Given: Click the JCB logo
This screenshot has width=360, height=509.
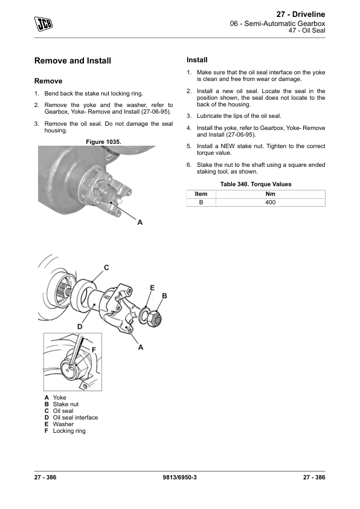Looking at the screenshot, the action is tap(43, 24).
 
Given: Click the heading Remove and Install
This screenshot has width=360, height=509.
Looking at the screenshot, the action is tap(72, 60).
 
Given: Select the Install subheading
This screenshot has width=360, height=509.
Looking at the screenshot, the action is tap(197, 60).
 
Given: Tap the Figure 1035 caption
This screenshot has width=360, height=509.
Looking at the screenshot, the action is tap(103, 142).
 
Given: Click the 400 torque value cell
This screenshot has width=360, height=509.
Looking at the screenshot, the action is tap(270, 203).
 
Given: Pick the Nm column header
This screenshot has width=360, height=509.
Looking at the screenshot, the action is tap(270, 194).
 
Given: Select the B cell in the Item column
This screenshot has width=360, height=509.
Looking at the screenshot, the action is tap(201, 203).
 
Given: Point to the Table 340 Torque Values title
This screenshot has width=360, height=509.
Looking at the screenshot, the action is tap(256, 184).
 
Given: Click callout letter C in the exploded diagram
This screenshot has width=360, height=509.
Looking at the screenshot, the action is tap(106, 267).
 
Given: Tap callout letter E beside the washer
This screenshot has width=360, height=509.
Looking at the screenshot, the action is tap(152, 288).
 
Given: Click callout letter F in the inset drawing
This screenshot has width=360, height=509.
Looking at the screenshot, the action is tap(94, 350).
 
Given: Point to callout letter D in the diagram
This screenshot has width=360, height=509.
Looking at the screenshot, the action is tap(80, 326).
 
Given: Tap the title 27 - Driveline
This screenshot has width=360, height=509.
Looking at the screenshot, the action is tap(301, 15).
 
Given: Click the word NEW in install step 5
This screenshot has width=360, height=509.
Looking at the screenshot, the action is tap(227, 146).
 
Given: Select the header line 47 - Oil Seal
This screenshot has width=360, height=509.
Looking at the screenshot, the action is tap(307, 30).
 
